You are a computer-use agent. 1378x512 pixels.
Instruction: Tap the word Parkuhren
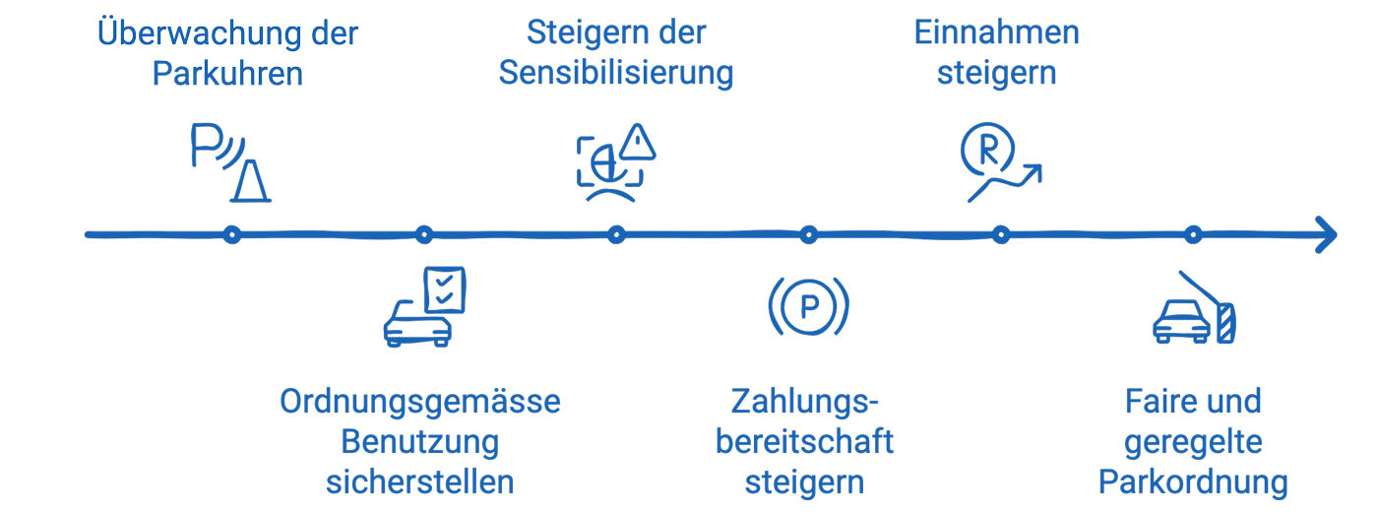click(x=227, y=74)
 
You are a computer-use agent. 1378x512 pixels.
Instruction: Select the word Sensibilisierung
click(x=616, y=74)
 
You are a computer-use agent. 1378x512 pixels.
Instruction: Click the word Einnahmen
click(x=996, y=32)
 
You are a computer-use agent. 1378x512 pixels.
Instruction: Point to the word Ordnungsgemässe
click(x=420, y=403)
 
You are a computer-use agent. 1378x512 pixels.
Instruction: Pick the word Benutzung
click(x=420, y=442)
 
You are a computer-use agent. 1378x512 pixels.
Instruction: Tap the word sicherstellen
click(x=420, y=482)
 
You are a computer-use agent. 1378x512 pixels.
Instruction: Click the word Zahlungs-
click(x=804, y=403)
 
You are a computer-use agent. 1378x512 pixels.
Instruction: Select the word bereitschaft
click(x=804, y=442)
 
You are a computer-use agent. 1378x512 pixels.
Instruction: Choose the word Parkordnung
click(x=1193, y=482)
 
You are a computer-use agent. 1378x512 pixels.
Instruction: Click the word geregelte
click(x=1193, y=442)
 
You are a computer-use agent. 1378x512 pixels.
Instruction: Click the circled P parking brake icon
click(x=808, y=307)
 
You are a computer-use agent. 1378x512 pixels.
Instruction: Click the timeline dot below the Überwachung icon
click(x=231, y=235)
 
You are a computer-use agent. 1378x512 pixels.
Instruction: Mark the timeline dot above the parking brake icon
click(x=808, y=235)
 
